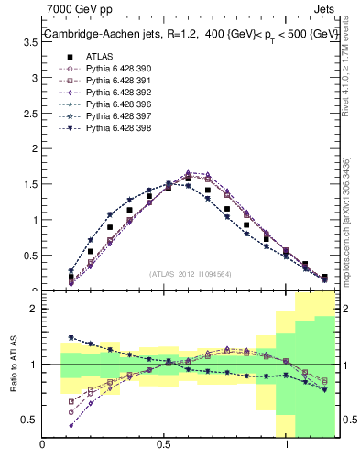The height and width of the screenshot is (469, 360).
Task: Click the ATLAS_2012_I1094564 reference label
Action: click(x=191, y=274)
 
